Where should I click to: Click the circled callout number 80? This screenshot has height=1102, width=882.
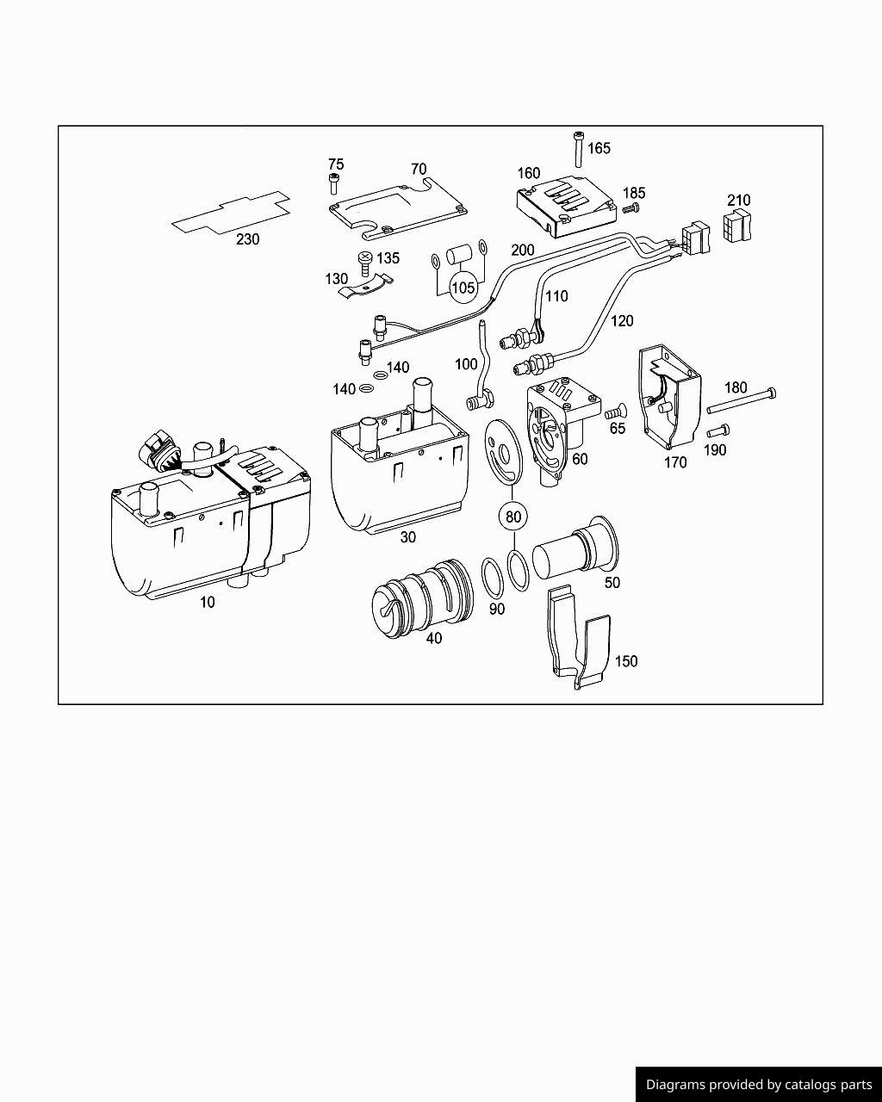coord(513,517)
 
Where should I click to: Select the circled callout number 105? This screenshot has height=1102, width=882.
coord(463,287)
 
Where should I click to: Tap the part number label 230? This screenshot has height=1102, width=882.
coord(247,239)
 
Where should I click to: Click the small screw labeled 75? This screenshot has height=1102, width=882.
coord(334,183)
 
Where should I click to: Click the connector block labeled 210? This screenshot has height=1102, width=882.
coord(738,226)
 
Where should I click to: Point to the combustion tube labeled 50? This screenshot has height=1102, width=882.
coord(573,551)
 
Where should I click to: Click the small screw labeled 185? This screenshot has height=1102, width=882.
coord(631,207)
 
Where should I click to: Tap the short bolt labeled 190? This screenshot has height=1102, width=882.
coord(717,430)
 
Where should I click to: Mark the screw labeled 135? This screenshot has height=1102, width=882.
coord(365,261)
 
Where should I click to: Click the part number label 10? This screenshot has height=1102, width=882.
coord(208,603)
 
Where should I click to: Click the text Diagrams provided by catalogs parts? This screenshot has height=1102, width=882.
coord(759,1085)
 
